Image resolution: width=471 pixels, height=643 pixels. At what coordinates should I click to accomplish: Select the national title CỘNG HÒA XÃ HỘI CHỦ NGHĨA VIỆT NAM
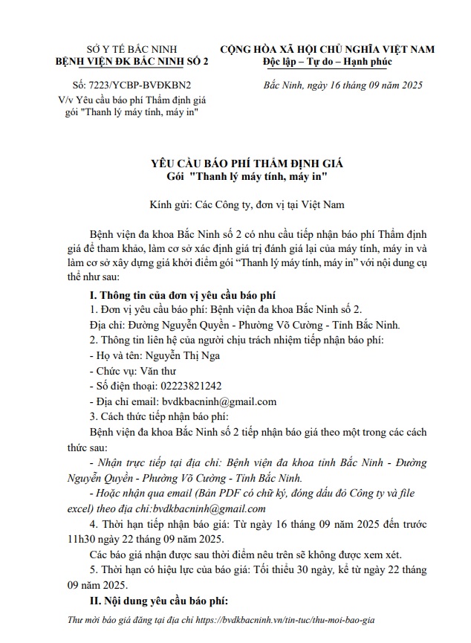click(x=326, y=48)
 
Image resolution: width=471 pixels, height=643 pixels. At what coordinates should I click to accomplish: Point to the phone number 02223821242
click(x=186, y=386)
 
